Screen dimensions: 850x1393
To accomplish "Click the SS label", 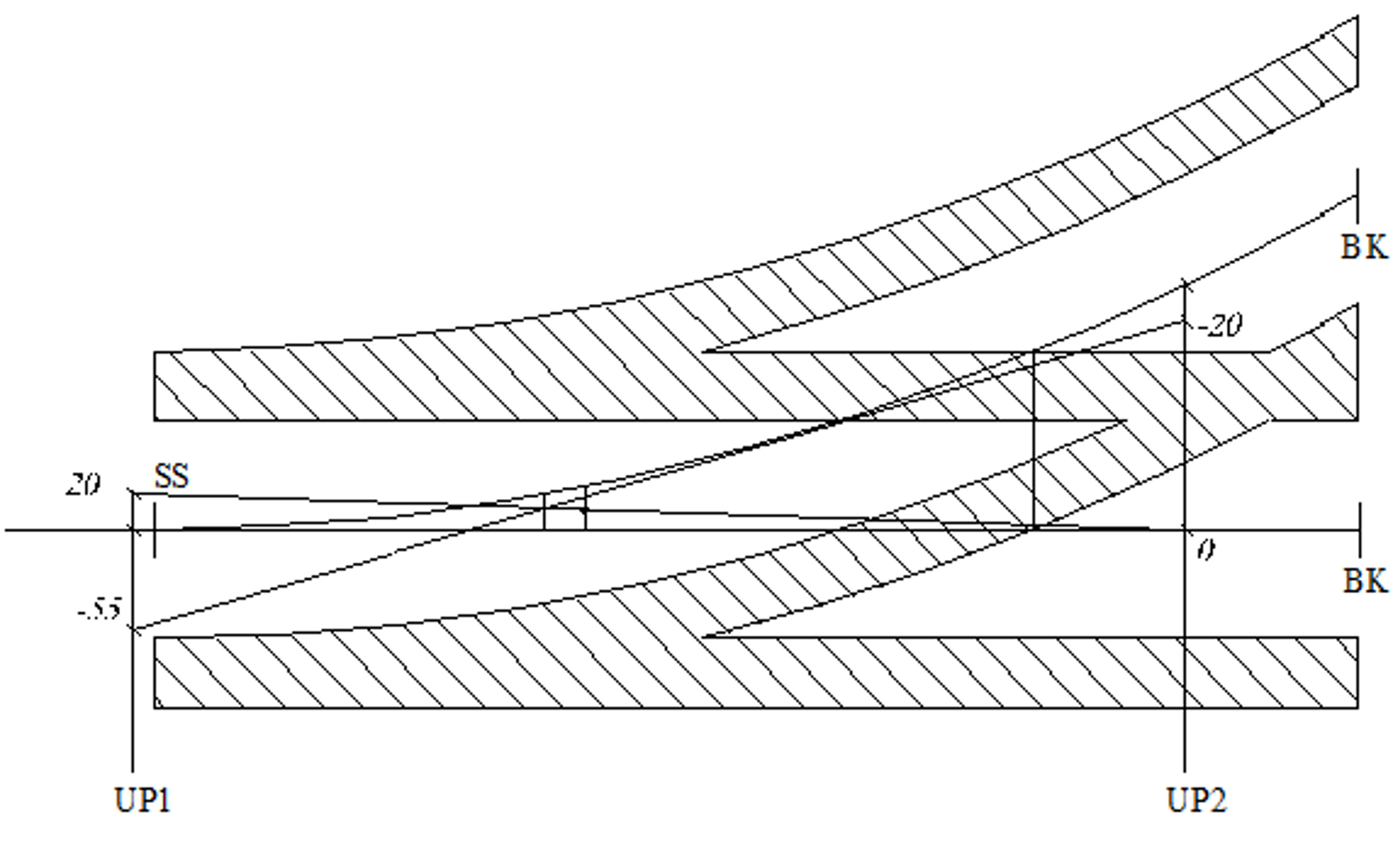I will pyautogui.click(x=172, y=476).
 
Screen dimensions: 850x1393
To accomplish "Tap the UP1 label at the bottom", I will pyautogui.click(x=142, y=799).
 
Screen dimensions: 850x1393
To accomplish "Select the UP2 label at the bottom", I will pyautogui.click(x=1196, y=799).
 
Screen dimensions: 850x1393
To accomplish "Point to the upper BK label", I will pyautogui.click(x=1363, y=247).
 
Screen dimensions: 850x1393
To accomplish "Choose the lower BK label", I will pyautogui.click(x=1364, y=581).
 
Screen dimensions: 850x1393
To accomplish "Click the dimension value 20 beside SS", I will pyautogui.click(x=83, y=484).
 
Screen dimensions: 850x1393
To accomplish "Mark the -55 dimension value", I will pyautogui.click(x=98, y=610).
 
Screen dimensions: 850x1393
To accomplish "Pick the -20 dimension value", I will pyautogui.click(x=1219, y=326).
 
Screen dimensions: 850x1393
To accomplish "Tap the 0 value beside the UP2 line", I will pyautogui.click(x=1205, y=550).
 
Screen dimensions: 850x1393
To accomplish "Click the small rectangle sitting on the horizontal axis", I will pyautogui.click(x=564, y=512).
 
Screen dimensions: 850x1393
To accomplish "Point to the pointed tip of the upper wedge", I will pyautogui.click(x=707, y=352).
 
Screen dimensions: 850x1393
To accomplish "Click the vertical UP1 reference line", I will pyautogui.click(x=132, y=697).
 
